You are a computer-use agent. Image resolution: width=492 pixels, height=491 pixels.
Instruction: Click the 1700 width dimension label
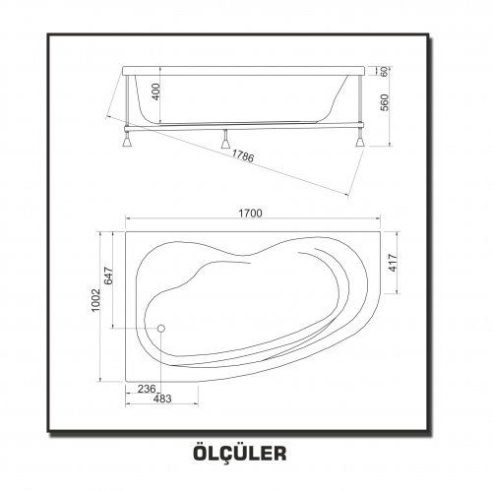(x=250, y=214)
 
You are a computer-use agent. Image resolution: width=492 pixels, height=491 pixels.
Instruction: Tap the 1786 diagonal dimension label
(x=243, y=155)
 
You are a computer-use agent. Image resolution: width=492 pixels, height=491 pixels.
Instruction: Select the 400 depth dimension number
(x=156, y=92)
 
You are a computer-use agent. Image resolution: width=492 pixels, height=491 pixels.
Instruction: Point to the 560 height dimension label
(x=385, y=102)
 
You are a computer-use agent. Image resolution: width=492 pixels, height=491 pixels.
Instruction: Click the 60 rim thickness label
(x=385, y=71)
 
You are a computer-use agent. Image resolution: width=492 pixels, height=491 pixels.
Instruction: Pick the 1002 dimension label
(x=95, y=300)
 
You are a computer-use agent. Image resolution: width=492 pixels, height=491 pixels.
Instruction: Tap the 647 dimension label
(x=108, y=276)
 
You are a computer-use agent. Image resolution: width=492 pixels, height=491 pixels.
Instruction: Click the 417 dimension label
(x=393, y=263)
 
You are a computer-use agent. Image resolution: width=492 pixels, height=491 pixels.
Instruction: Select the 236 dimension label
(x=147, y=389)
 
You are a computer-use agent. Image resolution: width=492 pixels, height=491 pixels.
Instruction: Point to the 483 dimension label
(x=162, y=399)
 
